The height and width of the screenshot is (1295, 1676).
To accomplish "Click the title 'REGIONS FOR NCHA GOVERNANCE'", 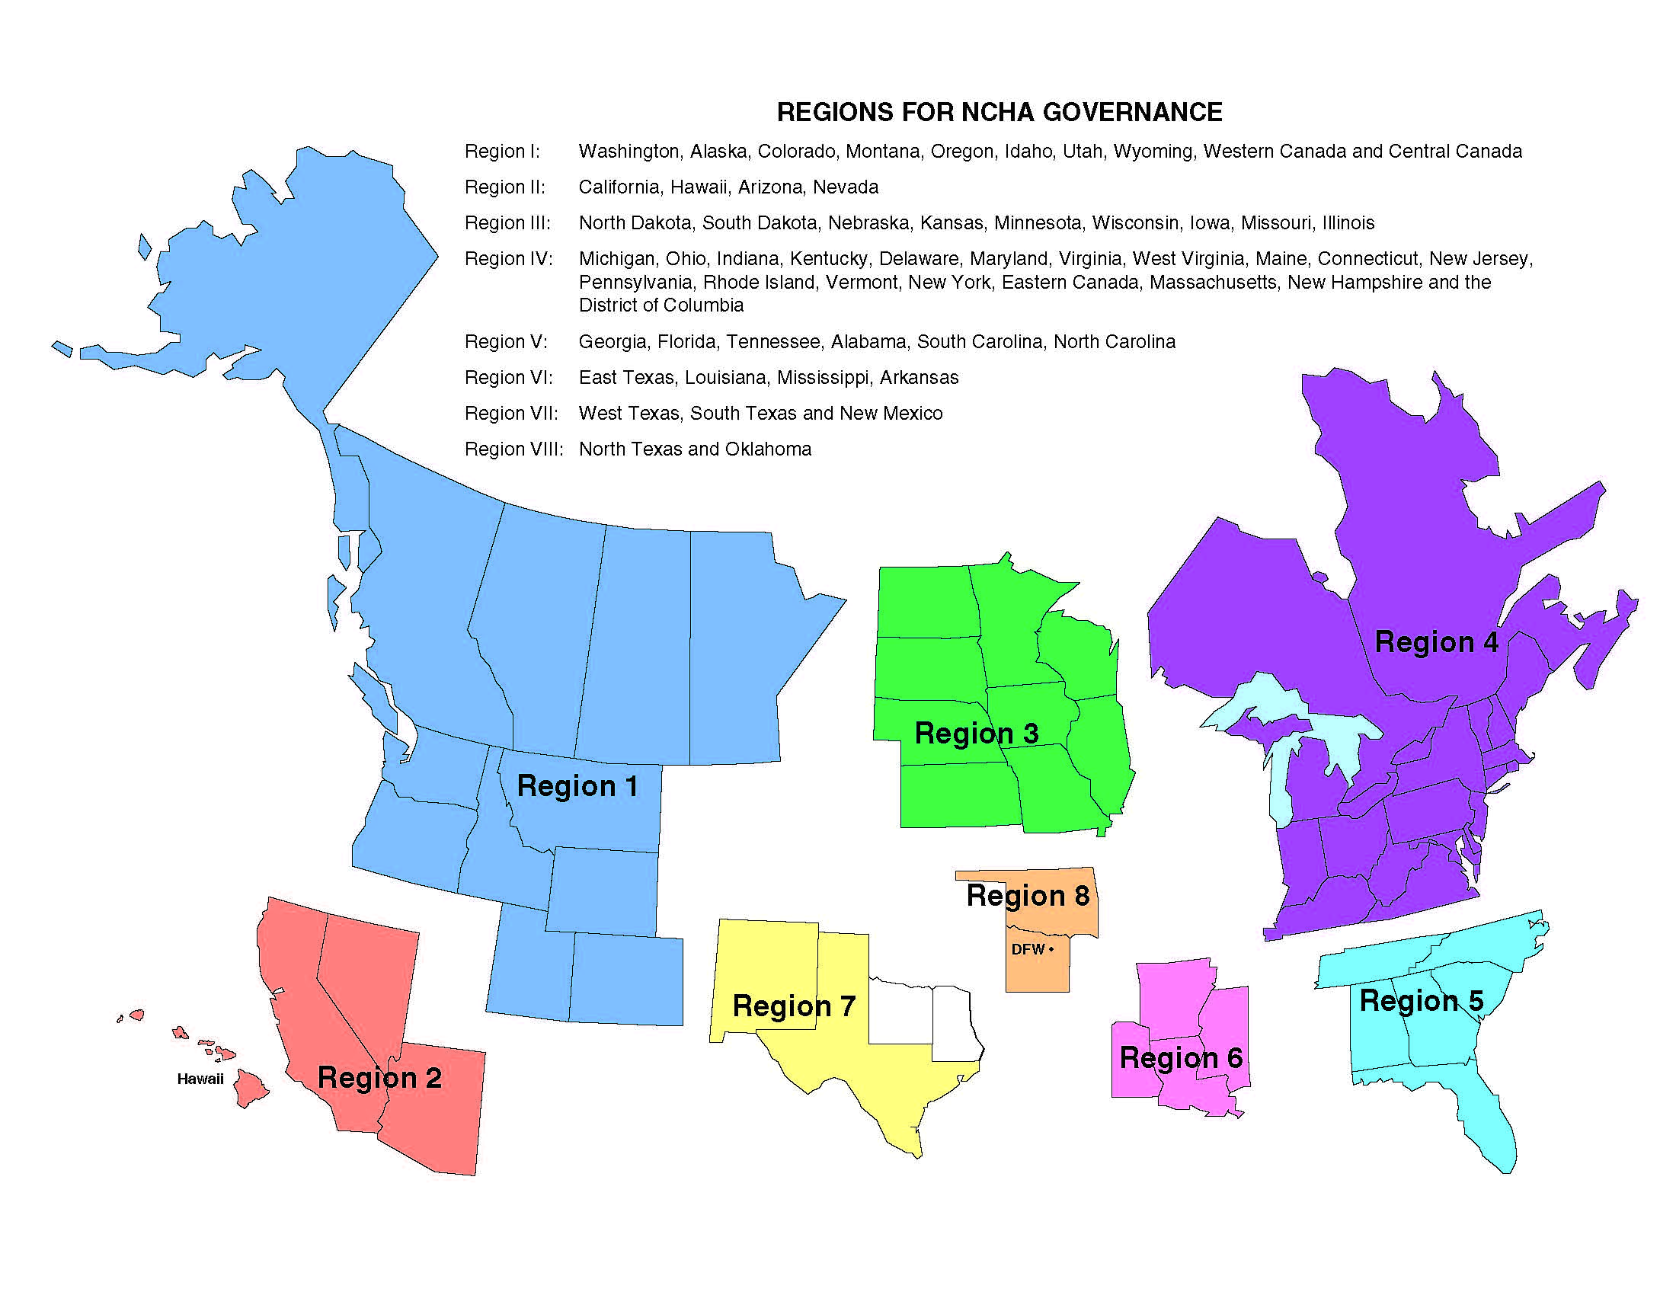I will [x=1000, y=113].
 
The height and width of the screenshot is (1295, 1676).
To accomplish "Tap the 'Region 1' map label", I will [x=577, y=786].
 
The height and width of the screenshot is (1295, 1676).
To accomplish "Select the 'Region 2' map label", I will [x=379, y=1078].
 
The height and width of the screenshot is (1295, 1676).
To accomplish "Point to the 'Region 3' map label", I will [x=976, y=734].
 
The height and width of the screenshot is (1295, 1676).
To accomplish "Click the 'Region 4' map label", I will [x=1436, y=642].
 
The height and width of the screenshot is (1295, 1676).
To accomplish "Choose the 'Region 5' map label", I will [x=1422, y=1000].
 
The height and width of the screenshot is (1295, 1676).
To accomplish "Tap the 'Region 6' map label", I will [x=1180, y=1058].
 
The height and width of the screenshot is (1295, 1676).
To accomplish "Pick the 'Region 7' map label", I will [x=794, y=1006].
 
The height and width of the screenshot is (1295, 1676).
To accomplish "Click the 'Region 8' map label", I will [x=1028, y=895].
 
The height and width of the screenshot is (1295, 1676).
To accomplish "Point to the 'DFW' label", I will [x=1028, y=950].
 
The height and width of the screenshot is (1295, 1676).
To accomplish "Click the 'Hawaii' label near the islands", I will [x=200, y=1079].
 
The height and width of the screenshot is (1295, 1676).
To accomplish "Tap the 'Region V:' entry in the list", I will [x=506, y=341].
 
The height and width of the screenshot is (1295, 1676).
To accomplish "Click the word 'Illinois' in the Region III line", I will [x=1348, y=223].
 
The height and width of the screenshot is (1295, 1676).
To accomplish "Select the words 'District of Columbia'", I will [x=660, y=305].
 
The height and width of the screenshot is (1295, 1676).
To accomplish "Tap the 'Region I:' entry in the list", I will [x=502, y=151].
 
